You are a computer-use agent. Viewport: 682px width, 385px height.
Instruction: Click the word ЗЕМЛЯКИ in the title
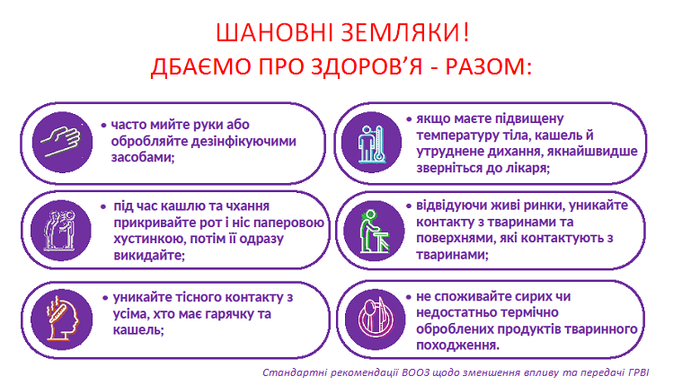coord(398,33)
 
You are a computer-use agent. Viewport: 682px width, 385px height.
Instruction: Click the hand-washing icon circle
coord(62,142)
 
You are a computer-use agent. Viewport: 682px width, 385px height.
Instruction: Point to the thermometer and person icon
coord(371,142)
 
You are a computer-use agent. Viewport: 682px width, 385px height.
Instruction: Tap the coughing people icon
coord(61,231)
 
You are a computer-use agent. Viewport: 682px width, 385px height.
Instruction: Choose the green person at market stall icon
coord(373,231)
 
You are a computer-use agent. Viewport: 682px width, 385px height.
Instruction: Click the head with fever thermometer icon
coord(62,319)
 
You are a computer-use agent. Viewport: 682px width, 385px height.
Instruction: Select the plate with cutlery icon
coord(375,319)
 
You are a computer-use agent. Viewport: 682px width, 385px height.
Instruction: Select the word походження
coord(458,346)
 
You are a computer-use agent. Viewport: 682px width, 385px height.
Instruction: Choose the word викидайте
coord(149,255)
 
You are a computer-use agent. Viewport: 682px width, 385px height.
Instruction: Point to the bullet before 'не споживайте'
coord(409,297)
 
